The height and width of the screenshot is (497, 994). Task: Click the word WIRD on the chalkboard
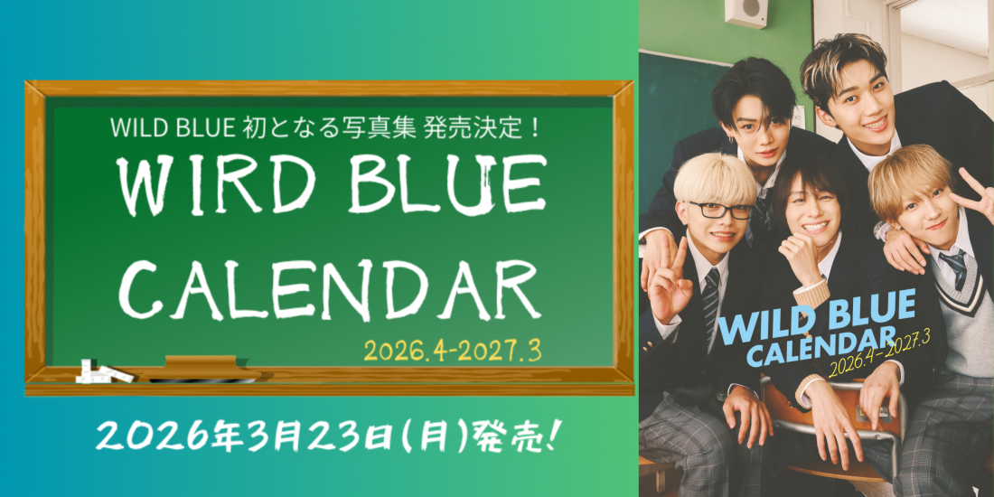(x=196, y=185)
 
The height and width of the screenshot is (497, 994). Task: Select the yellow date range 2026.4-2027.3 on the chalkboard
(x=452, y=351)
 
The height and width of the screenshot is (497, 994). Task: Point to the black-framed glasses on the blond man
(x=720, y=211)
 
